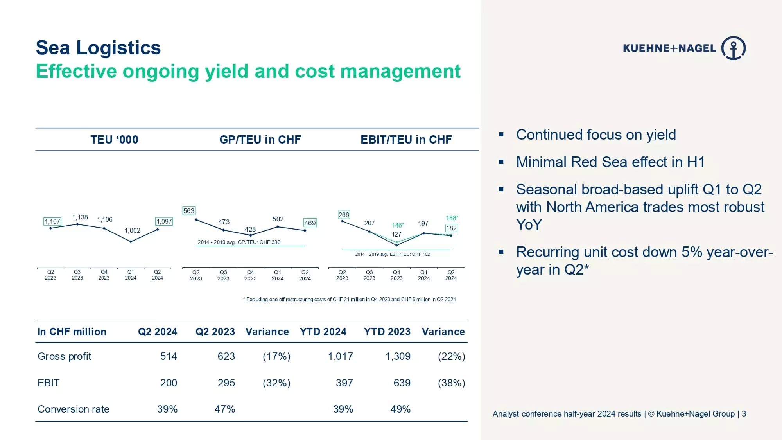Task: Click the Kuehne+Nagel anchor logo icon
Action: (733, 48)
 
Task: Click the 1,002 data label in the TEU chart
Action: (132, 230)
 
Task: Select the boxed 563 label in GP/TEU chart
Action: (189, 211)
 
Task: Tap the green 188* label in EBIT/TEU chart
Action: (452, 218)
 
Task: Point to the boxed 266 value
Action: (344, 215)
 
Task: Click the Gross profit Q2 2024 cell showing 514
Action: (169, 356)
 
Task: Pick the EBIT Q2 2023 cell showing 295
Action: (226, 383)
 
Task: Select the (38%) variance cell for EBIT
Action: (451, 383)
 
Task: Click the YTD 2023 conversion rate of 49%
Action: (400, 409)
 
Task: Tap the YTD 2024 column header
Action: (323, 332)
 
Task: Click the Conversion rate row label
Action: (74, 409)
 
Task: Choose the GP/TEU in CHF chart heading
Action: (260, 140)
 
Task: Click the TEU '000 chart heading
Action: (114, 140)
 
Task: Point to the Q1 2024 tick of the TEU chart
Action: (131, 275)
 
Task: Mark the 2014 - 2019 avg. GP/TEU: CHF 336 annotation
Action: (239, 242)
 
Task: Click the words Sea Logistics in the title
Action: (98, 48)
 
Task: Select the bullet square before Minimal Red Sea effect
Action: (501, 162)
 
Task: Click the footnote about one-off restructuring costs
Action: (349, 299)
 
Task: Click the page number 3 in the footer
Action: (744, 414)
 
